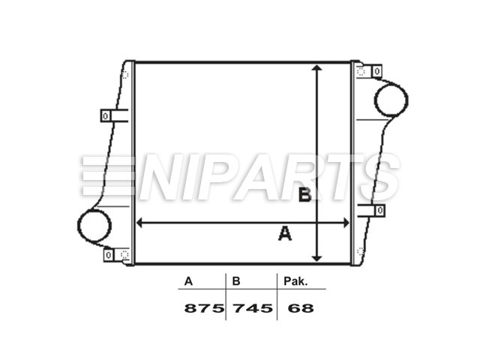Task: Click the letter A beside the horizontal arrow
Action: [285, 235]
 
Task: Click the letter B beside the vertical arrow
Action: [304, 196]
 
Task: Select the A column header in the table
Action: [188, 282]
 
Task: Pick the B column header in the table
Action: [235, 282]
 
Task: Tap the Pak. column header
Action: [295, 282]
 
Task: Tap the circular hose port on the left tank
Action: [94, 226]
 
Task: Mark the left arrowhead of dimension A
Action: [139, 223]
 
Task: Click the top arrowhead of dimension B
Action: [318, 68]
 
